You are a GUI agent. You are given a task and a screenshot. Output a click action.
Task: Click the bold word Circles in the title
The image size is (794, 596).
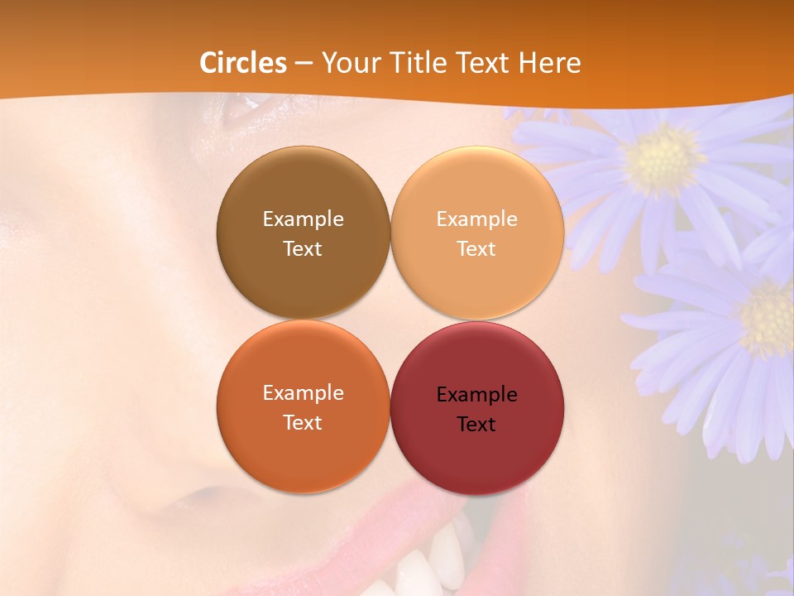pos(243,63)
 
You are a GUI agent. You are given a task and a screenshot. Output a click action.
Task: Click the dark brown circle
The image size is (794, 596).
pos(303,233)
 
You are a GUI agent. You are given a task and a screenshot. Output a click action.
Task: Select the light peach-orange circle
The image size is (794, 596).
pos(477,233)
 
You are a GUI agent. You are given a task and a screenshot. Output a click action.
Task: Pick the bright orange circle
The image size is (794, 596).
pos(303,406)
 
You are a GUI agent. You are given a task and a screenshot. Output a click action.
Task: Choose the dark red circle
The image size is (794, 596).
pos(477,406)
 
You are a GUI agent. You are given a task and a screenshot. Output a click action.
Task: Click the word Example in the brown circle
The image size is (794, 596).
pos(303,219)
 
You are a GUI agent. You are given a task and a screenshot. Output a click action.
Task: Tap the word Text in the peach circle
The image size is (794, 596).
pos(476,248)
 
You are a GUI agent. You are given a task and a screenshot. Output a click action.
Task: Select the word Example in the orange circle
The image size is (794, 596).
pos(303,392)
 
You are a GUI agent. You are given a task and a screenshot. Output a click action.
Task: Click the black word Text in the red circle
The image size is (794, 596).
pos(476,424)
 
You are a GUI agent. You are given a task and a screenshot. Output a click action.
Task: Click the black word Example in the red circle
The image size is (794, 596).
pos(476,394)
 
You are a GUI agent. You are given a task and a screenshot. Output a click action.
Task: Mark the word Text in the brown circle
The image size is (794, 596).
pos(303,248)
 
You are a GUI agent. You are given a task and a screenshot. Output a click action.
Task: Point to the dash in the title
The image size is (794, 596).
pos(304,63)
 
